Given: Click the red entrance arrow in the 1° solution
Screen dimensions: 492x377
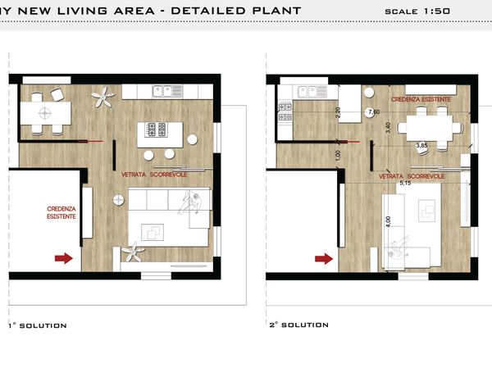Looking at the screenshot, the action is click(x=64, y=258).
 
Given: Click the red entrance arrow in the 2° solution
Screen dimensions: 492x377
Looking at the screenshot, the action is click(x=324, y=259).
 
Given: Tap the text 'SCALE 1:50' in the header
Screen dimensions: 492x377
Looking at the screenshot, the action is click(x=417, y=11).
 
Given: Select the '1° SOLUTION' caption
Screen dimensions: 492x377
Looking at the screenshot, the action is click(x=38, y=325).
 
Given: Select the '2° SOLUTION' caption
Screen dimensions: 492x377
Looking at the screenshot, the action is click(x=299, y=325).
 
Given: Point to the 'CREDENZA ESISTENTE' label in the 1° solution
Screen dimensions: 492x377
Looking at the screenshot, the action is click(x=61, y=212).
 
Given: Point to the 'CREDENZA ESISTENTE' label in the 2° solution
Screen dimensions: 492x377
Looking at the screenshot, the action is click(x=421, y=99).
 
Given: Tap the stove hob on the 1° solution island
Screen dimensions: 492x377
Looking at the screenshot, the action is click(x=157, y=129).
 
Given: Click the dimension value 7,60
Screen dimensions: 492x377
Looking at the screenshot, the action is click(x=374, y=111).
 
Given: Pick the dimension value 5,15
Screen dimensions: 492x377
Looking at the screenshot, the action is click(x=405, y=183).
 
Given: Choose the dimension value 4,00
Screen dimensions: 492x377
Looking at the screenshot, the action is click(x=389, y=221).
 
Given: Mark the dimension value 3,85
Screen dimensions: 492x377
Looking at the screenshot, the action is click(x=422, y=146).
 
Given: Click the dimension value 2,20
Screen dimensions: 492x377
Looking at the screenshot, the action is click(x=338, y=112).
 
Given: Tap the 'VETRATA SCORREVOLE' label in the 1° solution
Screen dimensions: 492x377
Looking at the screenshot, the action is click(x=154, y=175).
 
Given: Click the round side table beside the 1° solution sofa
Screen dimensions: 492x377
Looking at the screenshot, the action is click(x=119, y=200).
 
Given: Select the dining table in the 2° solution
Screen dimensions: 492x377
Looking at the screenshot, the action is click(x=430, y=128).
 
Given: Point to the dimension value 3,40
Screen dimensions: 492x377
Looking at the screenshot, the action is click(x=389, y=128).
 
